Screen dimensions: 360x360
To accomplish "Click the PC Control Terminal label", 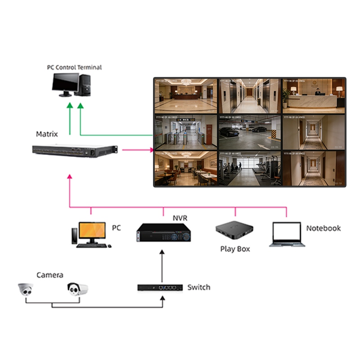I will [74, 67].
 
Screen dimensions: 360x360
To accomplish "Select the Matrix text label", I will [47, 134].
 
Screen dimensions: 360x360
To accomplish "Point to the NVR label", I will [180, 218].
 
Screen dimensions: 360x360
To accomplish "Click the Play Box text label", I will [235, 249].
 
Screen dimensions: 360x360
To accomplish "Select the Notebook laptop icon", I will [287, 234].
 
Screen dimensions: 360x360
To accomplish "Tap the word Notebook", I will [323, 228].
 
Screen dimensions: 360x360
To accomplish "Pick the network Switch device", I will [160, 288].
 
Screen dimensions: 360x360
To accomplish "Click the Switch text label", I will [198, 287].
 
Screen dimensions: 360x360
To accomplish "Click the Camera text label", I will [49, 275].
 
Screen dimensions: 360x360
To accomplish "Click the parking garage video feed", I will [249, 132].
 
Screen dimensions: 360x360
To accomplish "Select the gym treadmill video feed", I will [249, 169].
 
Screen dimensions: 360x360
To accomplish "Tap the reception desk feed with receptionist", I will [314, 96].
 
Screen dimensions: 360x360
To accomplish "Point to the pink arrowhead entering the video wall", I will [152, 150].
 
